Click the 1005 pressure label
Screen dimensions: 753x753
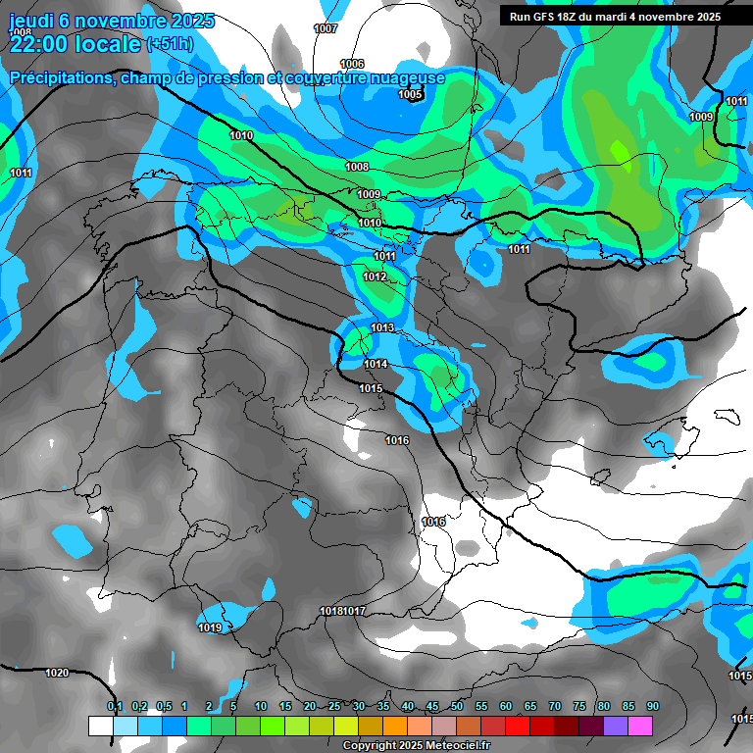pos(411,95)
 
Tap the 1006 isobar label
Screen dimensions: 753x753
pos(352,64)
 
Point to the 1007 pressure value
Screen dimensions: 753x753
pos(326,28)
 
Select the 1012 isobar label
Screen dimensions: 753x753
pos(375,277)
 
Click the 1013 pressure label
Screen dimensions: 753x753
pos(382,327)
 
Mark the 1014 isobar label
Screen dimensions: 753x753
pos(376,365)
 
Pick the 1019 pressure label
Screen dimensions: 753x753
pos(210,627)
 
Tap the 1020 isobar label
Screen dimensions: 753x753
pos(57,673)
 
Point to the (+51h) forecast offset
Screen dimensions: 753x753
pos(170,44)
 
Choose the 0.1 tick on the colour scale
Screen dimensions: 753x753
pos(115,707)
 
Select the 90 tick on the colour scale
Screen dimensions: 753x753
pos(653,707)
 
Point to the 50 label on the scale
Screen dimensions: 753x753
pos(457,707)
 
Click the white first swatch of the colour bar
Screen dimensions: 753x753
pos(100,726)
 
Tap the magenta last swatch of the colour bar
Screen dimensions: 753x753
pos(640,726)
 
